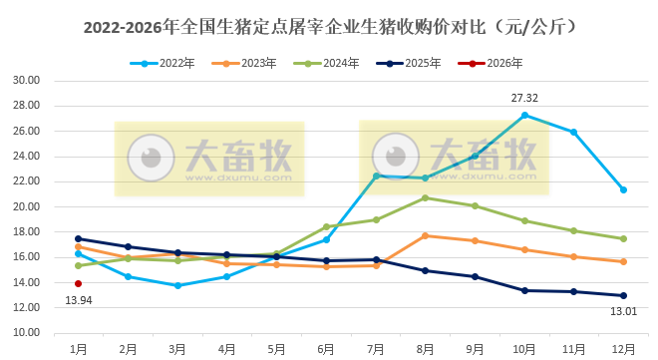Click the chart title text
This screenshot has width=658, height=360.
(x=329, y=23)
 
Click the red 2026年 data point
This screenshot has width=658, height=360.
(x=78, y=283)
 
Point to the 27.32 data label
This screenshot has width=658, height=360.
(x=524, y=99)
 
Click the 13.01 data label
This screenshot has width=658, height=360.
(x=622, y=310)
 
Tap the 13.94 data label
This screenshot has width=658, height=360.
(x=79, y=299)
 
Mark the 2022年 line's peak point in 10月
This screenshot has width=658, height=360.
(x=524, y=115)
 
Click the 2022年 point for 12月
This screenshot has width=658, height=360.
(x=623, y=189)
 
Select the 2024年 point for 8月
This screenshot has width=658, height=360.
(x=425, y=197)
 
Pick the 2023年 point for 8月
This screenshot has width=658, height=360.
(x=425, y=235)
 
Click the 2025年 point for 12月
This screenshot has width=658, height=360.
(x=623, y=295)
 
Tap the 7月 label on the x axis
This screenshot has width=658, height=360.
(x=376, y=349)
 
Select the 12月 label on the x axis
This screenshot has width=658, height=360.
(x=623, y=349)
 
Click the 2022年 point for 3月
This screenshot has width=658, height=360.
(x=177, y=285)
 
